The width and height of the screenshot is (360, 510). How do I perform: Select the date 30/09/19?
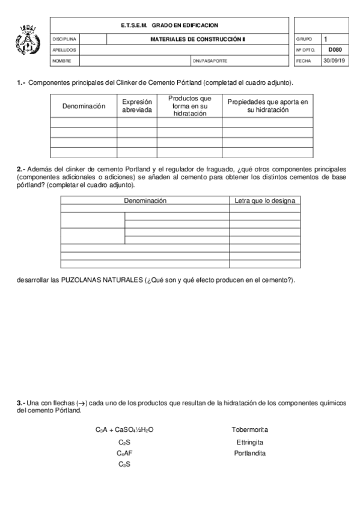(x=334, y=61)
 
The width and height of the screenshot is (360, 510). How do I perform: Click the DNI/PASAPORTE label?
(x=210, y=61)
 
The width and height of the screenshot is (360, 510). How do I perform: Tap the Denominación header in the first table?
(x=84, y=106)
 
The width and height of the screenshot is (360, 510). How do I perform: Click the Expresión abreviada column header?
(x=137, y=106)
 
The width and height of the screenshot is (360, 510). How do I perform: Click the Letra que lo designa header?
(x=264, y=200)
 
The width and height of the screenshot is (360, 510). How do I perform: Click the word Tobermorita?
(x=249, y=429)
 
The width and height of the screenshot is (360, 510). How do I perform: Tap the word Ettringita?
(x=249, y=442)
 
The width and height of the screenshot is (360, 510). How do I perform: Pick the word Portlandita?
(x=249, y=453)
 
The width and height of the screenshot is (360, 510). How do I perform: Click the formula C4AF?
(x=125, y=453)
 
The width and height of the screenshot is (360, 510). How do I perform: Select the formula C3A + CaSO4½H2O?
(x=125, y=429)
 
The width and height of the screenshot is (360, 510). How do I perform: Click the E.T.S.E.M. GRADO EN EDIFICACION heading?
(x=169, y=25)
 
